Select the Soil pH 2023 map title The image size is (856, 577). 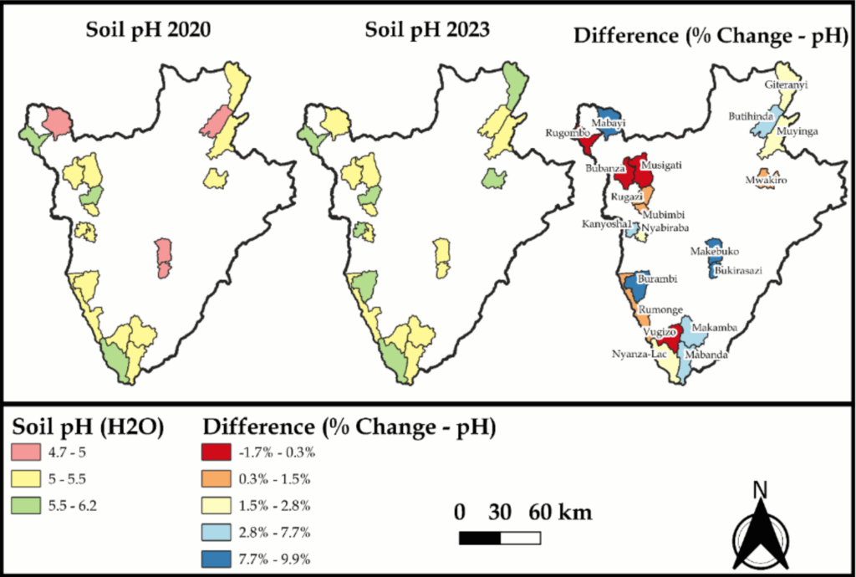[x=427, y=31]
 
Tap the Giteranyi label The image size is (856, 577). [x=786, y=84]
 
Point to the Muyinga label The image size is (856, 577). [x=797, y=131]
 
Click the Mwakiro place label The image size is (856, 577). [x=767, y=180]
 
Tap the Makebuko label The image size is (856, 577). [x=715, y=251]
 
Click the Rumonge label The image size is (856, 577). [x=658, y=309]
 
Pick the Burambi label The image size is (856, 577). [x=657, y=278]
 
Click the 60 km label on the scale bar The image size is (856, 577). [x=561, y=512]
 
